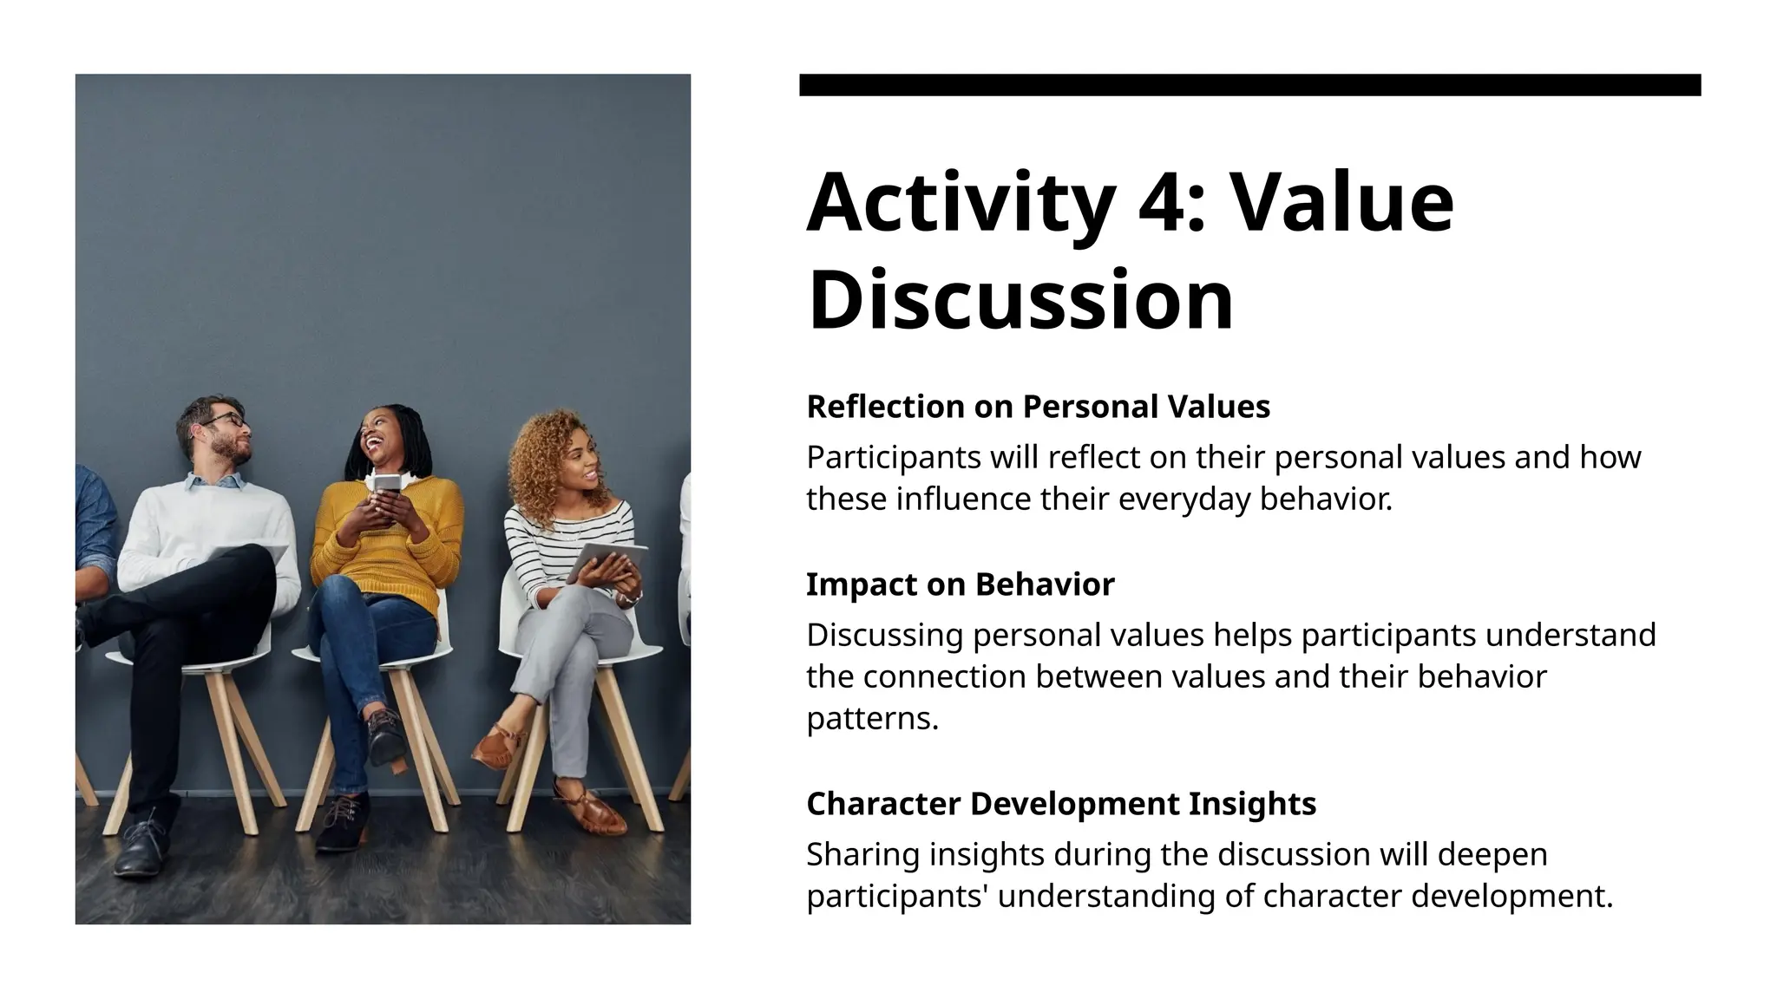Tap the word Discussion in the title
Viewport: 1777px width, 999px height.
pos(1020,300)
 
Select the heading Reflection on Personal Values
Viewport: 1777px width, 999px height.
pos(1038,407)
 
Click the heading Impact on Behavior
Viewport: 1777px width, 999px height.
pos(960,584)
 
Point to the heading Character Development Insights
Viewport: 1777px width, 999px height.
pos(1060,804)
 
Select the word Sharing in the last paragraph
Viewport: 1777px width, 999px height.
pos(862,855)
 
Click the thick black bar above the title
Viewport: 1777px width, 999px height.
pos(1249,85)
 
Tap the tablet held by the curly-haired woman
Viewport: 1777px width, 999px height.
pos(607,559)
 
